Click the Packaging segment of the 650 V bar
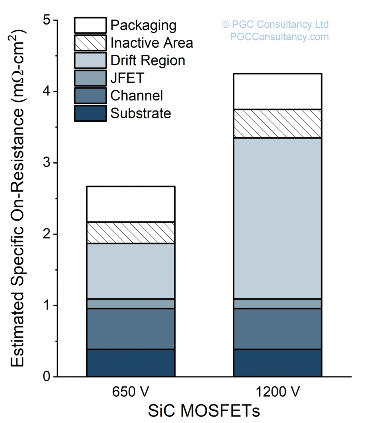point(131,204)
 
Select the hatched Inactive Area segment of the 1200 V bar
point(277,124)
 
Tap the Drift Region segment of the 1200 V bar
point(277,218)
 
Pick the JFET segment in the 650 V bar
point(131,304)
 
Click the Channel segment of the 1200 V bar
point(277,329)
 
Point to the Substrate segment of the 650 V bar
point(131,363)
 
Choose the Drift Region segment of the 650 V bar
point(131,271)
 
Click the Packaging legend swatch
point(90,25)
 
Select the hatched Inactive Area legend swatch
point(90,43)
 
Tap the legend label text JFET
point(127,78)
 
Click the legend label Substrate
point(141,113)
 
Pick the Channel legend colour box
point(90,95)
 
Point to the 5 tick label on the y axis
point(47,20)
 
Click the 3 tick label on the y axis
point(47,163)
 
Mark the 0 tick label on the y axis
point(47,377)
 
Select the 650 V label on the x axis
point(130,392)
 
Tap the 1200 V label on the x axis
point(277,392)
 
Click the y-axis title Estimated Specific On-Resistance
point(18,198)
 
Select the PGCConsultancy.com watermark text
point(279,37)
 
